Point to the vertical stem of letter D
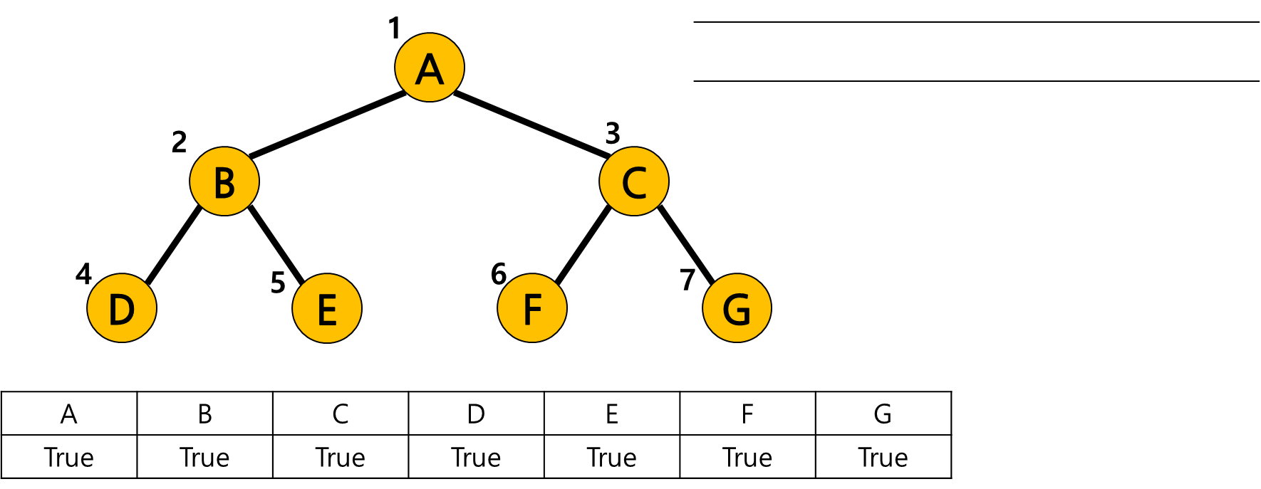(x=113, y=310)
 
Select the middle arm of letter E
(x=328, y=309)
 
